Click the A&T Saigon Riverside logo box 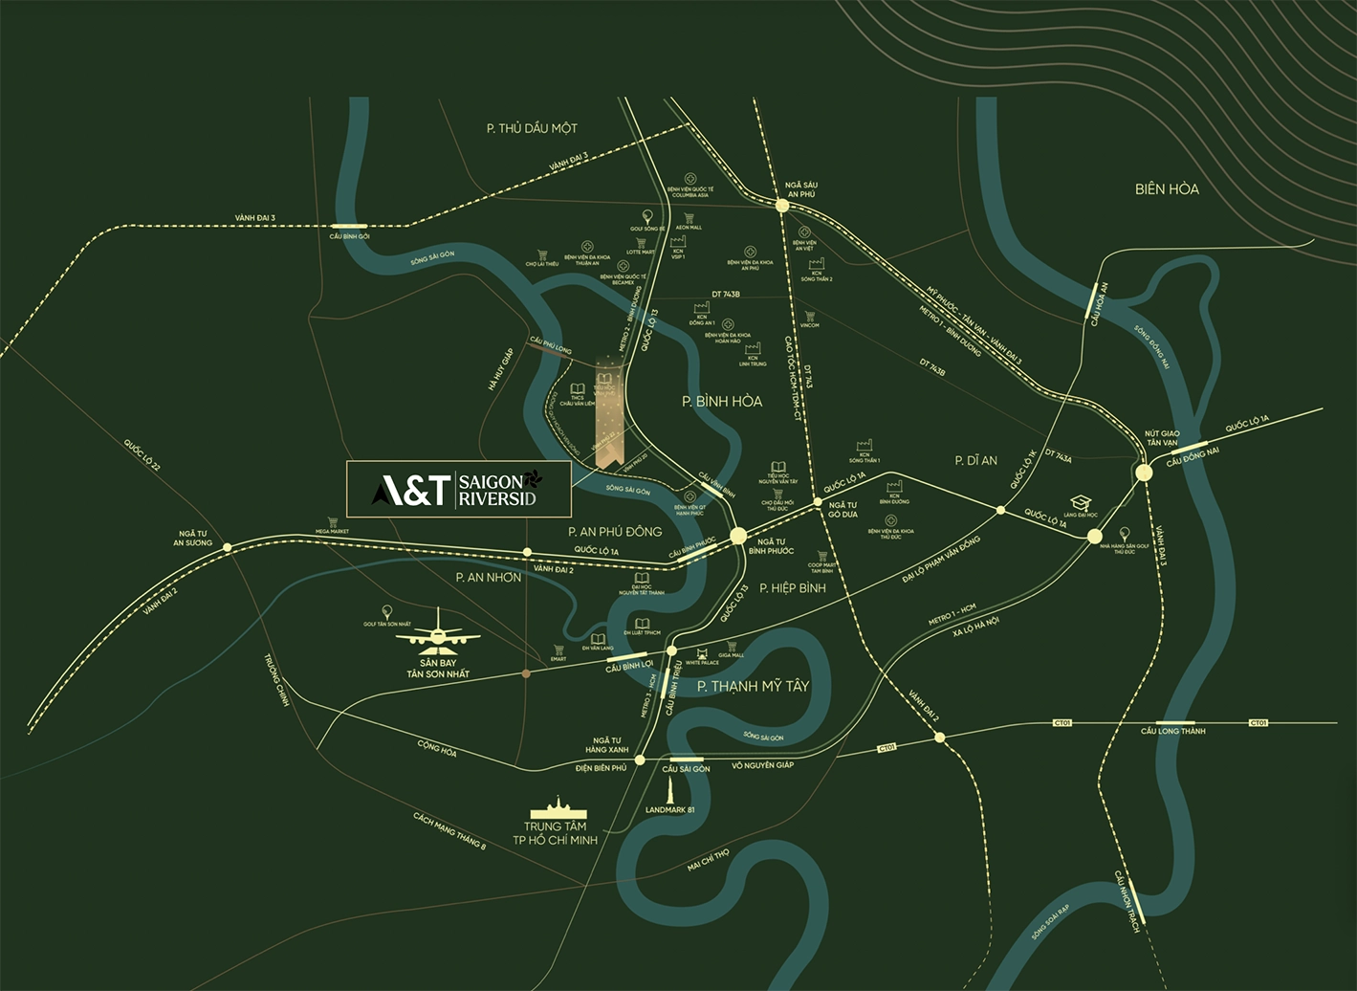(458, 489)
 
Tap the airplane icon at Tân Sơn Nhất (439, 631)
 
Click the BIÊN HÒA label (1166, 189)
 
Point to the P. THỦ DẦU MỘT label (532, 128)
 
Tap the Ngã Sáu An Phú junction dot (781, 205)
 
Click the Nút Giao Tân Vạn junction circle (1143, 473)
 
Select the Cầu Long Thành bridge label (1172, 731)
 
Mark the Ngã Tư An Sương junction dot (227, 547)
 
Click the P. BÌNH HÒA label (722, 402)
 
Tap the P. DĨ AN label (975, 460)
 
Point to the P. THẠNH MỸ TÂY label (753, 686)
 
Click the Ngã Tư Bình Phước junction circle (738, 537)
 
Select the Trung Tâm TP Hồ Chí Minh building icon (556, 806)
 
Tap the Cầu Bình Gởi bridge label (349, 236)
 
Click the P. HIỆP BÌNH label (792, 588)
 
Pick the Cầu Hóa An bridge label (1099, 304)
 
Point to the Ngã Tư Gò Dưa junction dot (818, 501)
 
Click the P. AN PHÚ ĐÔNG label (614, 531)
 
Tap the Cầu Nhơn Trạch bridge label (1127, 901)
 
